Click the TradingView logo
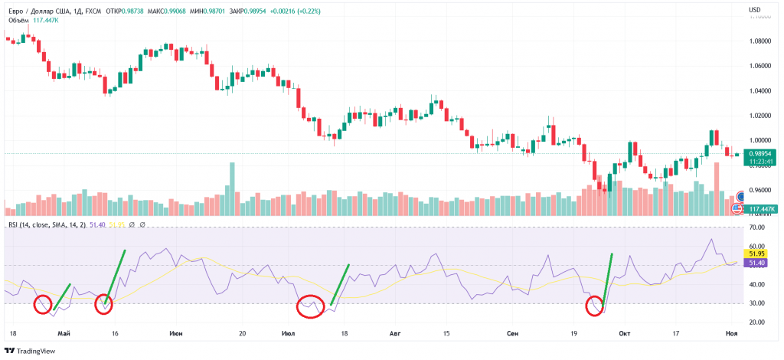31,351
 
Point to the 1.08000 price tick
761,41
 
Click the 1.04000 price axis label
761,91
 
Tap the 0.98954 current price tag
761,153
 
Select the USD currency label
755,9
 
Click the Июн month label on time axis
176,334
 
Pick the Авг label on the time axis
395,334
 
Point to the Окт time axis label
625,334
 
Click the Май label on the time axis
64,334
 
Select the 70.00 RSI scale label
759,228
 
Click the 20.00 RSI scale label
759,322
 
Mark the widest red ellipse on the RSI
311,306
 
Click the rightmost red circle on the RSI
594,306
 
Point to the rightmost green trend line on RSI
609,280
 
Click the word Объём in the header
18,21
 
